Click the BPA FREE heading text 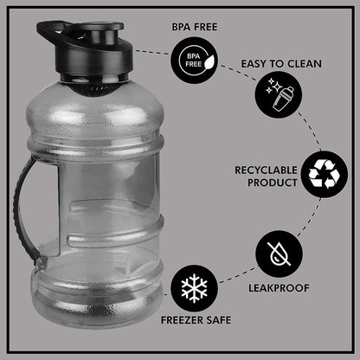pos(195,27)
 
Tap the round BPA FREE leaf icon pos(194,61)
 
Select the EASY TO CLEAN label pos(281,64)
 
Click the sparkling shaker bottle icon pos(279,95)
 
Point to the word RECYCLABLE pos(266,170)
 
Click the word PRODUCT pos(273,183)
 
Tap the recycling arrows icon pos(325,174)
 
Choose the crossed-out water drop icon pos(279,254)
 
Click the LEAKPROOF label pos(279,288)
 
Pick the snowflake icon pos(194,288)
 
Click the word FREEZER pos(180,320)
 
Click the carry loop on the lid pos(54,32)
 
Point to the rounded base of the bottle pos(97,305)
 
